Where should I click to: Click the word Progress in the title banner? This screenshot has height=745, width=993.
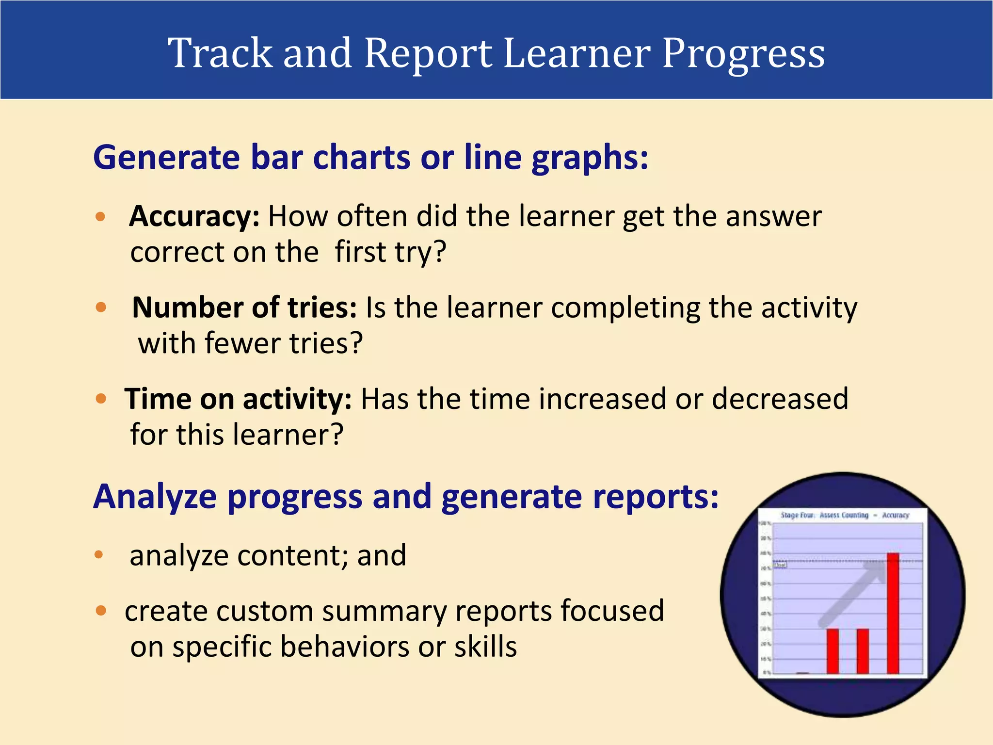click(743, 54)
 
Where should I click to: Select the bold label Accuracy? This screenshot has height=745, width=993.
click(194, 216)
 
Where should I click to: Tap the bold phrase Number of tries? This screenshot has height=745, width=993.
click(244, 308)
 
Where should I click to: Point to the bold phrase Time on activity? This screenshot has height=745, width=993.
click(238, 399)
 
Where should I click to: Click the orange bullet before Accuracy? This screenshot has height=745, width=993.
click(100, 216)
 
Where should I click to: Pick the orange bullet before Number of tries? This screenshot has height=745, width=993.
click(101, 308)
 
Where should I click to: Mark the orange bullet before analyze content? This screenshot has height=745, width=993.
click(99, 555)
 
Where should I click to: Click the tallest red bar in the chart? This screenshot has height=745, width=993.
click(893, 614)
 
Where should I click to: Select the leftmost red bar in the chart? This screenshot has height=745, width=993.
click(833, 651)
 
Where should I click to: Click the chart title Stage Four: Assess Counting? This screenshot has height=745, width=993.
click(824, 515)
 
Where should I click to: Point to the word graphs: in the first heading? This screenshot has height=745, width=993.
click(590, 158)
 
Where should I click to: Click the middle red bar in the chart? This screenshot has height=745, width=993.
click(863, 651)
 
